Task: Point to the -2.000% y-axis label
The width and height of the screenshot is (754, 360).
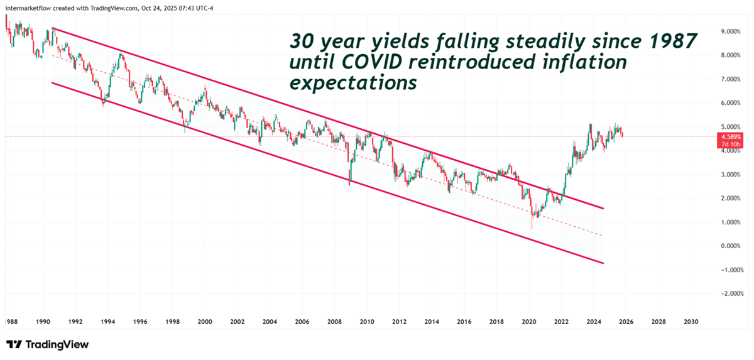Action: [730, 293]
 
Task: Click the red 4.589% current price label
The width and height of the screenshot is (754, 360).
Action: [731, 136]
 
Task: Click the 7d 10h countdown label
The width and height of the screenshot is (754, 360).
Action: [731, 144]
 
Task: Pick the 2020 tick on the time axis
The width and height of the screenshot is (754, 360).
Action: [528, 321]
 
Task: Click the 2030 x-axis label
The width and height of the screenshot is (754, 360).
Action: [691, 321]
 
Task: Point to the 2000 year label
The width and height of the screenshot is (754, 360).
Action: [204, 321]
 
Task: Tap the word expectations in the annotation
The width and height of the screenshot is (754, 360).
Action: [353, 83]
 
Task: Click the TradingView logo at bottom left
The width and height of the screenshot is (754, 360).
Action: [47, 344]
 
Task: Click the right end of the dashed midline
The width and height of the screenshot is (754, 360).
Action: [603, 236]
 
